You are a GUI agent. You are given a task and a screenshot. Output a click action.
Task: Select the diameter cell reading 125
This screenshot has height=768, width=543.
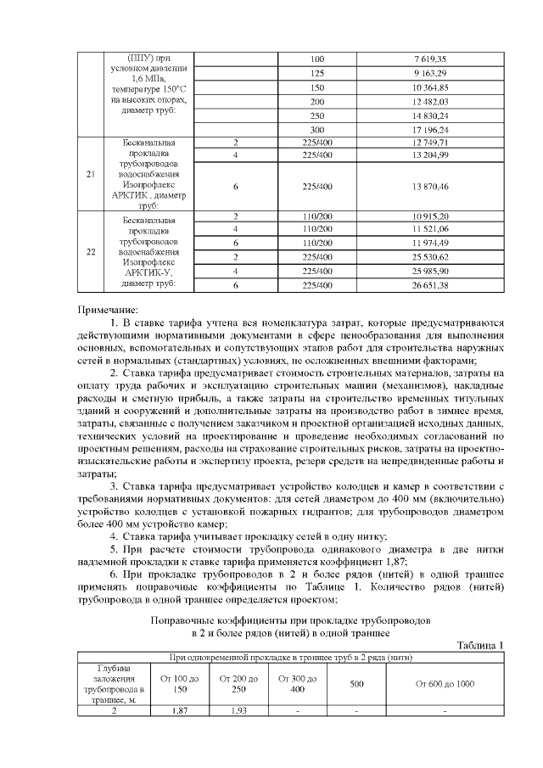[317, 73]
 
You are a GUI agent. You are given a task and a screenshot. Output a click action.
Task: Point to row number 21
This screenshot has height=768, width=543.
[90, 174]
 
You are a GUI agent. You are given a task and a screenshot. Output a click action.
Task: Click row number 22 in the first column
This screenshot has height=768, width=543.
[90, 252]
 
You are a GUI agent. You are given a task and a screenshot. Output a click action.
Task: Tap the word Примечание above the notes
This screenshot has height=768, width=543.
[108, 311]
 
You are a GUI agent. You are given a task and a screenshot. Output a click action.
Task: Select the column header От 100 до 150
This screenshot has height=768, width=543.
[180, 684]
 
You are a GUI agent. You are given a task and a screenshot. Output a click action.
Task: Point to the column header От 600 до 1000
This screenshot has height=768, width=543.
[445, 683]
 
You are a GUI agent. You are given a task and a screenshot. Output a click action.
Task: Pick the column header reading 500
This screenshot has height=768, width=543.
[356, 683]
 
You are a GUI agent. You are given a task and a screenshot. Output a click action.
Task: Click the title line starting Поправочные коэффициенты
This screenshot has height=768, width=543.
[292, 620]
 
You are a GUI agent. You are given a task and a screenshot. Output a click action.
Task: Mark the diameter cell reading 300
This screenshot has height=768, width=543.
[317, 129]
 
